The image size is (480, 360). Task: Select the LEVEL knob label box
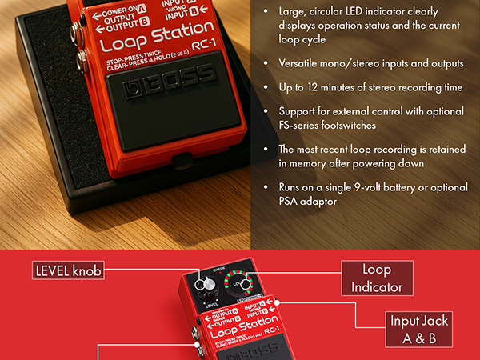click(x=69, y=271)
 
